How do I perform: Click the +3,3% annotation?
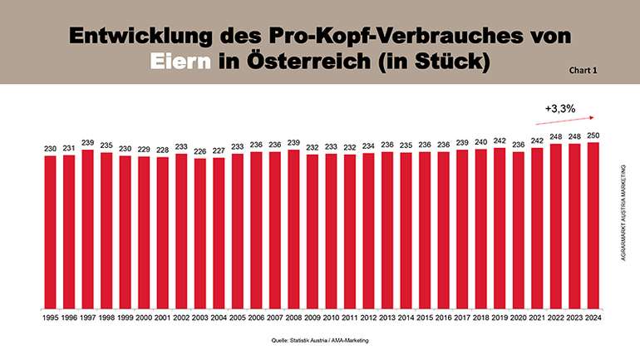[561, 108]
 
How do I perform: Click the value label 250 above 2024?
[592, 136]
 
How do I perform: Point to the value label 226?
[199, 151]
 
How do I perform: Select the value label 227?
[218, 151]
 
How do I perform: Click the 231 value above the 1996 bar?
[68, 148]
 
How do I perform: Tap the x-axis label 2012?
[367, 316]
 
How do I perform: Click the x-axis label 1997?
[87, 316]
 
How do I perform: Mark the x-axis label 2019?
[499, 316]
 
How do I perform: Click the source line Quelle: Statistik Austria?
[319, 340]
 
